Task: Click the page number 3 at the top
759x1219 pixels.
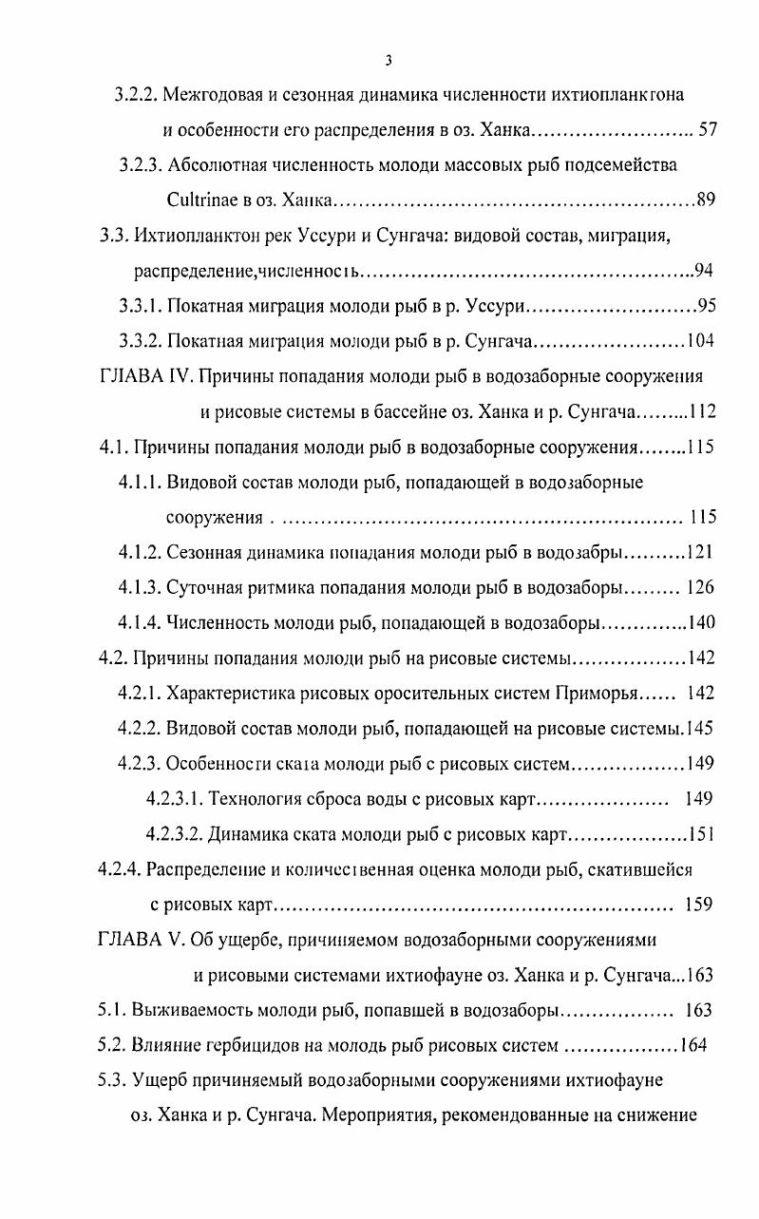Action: [x=389, y=61]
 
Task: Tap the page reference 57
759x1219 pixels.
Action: [x=707, y=130]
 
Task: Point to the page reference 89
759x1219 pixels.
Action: [x=706, y=200]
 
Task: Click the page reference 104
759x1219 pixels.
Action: [x=701, y=341]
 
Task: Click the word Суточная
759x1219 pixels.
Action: [x=203, y=587]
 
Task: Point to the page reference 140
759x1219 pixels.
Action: [x=701, y=622]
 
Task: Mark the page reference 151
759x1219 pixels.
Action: [x=701, y=833]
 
